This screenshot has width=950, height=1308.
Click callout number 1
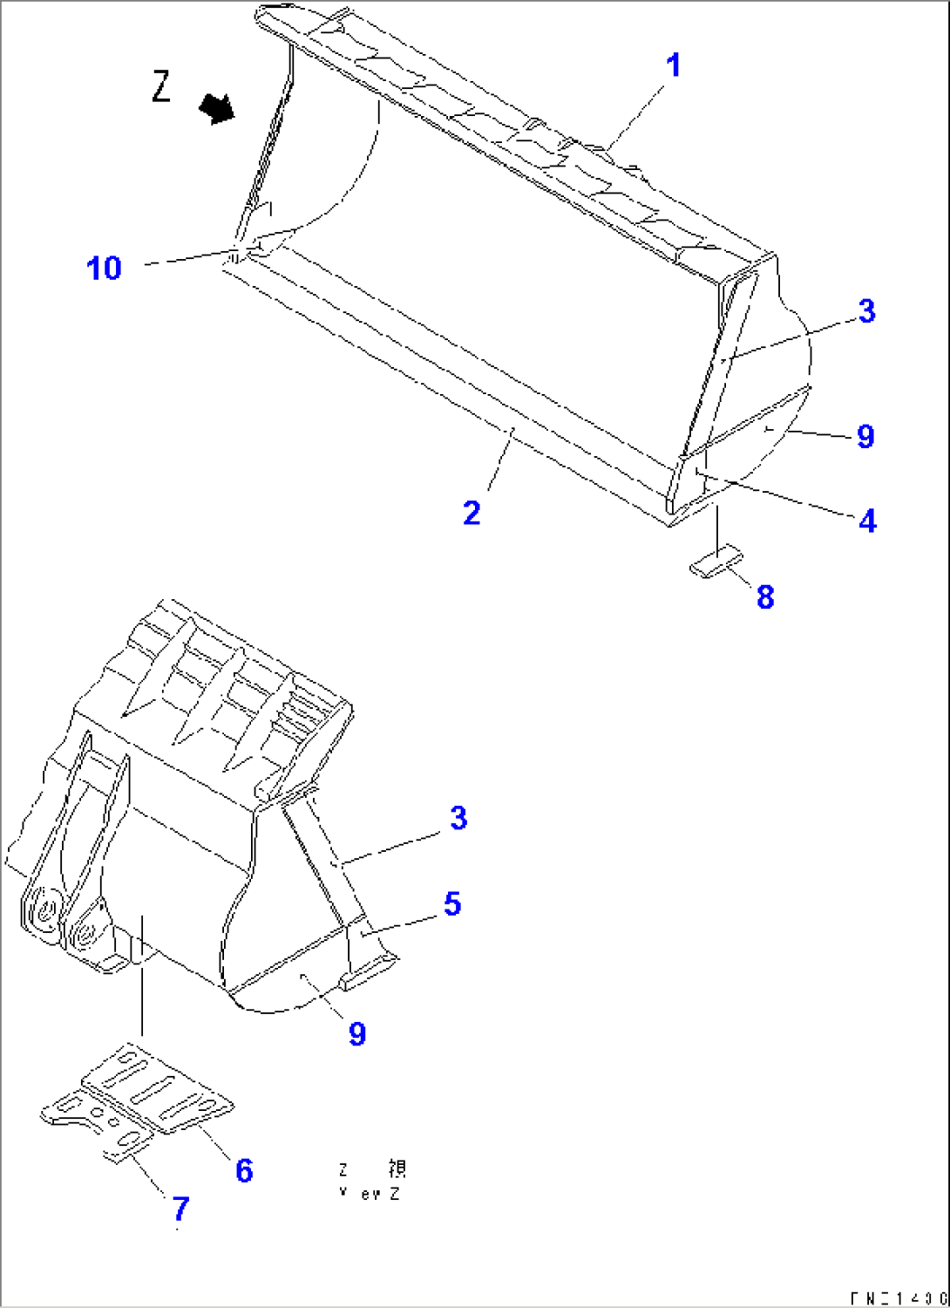pos(672,66)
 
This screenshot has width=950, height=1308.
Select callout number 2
pos(472,513)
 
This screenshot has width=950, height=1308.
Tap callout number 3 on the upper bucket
pos(866,311)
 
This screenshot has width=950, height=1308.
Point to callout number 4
pos(867,521)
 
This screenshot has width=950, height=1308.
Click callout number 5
pos(452,903)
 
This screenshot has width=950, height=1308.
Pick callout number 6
pos(244,1170)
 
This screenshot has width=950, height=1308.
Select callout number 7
pos(180,1209)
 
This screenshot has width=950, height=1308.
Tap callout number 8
pos(765,597)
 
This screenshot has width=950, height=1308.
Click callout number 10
pos(104,268)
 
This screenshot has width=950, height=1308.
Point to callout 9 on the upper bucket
pos(865,436)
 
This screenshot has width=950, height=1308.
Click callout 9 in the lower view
pos(357,1034)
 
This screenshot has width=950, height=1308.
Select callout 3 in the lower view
pos(458,818)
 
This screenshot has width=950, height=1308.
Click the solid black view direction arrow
pos(216,109)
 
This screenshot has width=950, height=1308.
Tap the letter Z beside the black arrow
pos(161,86)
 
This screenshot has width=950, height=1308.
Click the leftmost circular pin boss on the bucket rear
pos(42,916)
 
